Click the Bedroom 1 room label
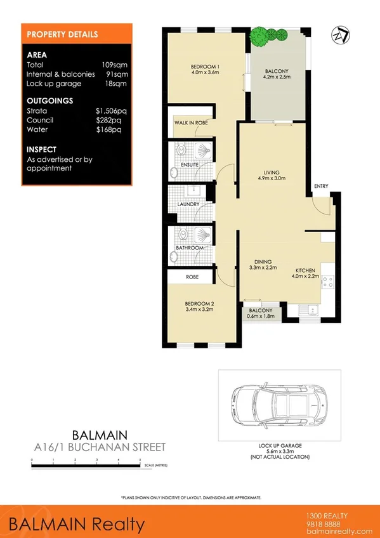tap(206, 69)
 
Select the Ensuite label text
tap(190, 164)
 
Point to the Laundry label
tap(188, 204)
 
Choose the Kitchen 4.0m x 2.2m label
tap(303, 273)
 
